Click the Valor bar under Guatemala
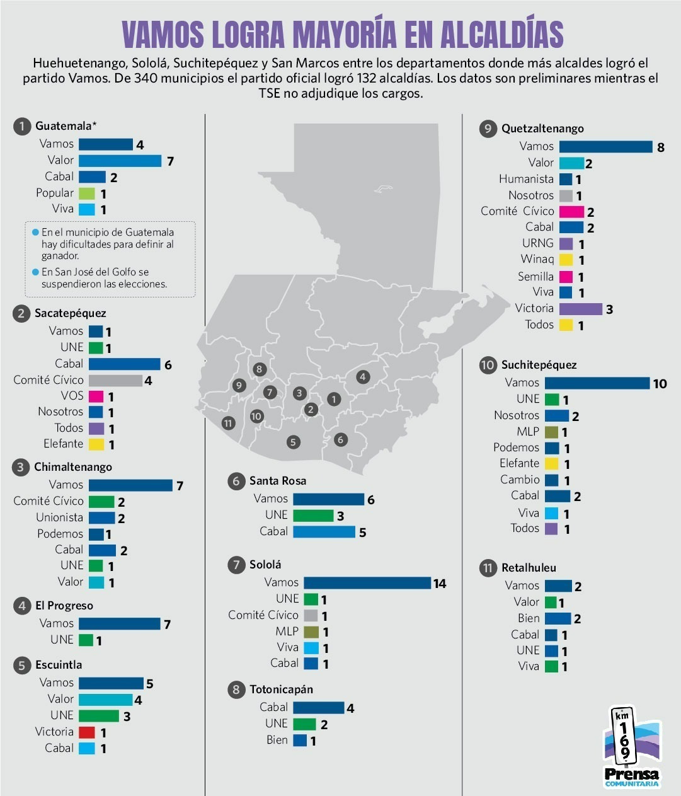click(120, 161)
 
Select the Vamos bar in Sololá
click(367, 582)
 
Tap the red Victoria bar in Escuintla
click(86, 732)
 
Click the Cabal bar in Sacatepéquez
click(124, 364)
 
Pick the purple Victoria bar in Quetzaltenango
click(581, 309)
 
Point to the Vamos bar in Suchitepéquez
click(597, 383)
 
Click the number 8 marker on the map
click(260, 369)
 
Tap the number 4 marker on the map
click(363, 377)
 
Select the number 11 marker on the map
click(228, 424)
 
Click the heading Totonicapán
click(282, 689)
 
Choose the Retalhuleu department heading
click(529, 568)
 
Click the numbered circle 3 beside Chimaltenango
click(20, 468)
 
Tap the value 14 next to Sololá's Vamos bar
click(440, 584)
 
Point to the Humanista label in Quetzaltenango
click(526, 179)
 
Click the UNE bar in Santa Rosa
click(313, 516)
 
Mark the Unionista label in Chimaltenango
click(60, 517)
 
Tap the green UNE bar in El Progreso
click(86, 640)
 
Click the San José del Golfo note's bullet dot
click(35, 272)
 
